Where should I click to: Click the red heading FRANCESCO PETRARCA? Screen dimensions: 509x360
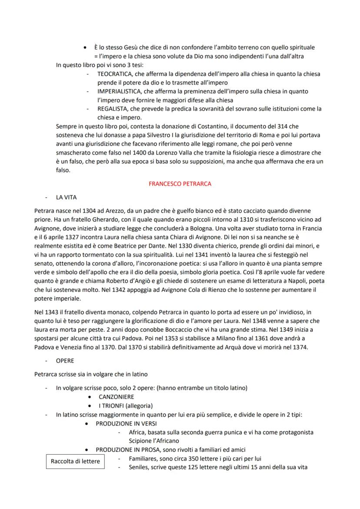180,184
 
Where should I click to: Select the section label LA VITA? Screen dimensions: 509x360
66,197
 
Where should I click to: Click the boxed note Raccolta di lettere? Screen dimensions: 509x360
75,462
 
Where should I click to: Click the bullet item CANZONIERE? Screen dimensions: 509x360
116,397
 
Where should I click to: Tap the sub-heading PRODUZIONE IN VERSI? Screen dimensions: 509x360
126,423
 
